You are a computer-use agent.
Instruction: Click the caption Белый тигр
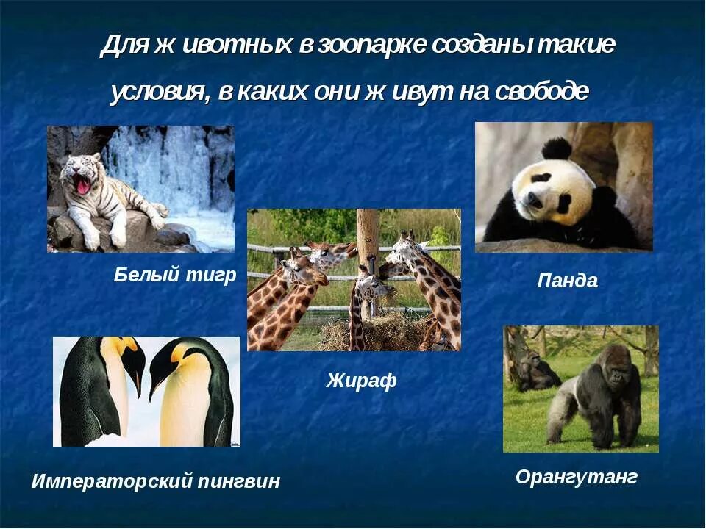pos(175,276)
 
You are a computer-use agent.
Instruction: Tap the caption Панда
pos(567,280)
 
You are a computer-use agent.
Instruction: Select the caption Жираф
pos(361,381)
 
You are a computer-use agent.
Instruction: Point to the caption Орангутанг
pos(576,477)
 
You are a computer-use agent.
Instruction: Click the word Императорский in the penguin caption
pos(111,481)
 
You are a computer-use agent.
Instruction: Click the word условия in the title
pos(157,92)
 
